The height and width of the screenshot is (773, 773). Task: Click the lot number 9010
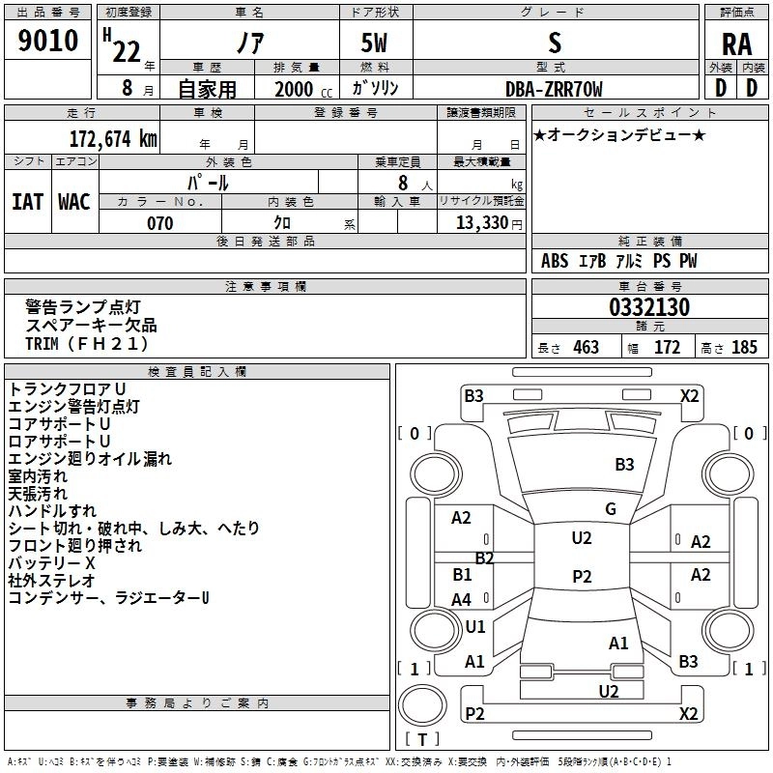47,41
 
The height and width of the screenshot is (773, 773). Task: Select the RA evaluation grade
737,44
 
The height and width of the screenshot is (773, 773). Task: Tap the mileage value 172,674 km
113,138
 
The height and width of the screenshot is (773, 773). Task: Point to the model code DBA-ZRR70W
554,89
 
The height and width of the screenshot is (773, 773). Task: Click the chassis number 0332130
649,307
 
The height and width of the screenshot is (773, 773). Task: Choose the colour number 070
160,223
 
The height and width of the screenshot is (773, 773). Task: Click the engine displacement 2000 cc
303,89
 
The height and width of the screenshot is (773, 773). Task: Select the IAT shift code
28,202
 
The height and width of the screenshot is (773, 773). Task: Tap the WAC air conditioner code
74,202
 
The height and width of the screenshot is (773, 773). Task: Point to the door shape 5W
374,43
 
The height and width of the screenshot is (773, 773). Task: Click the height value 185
744,347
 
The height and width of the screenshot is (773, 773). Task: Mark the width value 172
667,347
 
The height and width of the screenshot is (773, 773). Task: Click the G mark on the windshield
611,508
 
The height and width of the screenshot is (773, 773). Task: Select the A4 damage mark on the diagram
462,599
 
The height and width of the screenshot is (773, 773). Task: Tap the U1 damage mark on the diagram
475,626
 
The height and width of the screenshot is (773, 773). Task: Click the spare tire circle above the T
422,705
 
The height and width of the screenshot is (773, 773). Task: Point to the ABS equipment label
555,261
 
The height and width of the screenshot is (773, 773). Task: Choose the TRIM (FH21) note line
87,344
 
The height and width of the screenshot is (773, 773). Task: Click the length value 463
587,347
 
